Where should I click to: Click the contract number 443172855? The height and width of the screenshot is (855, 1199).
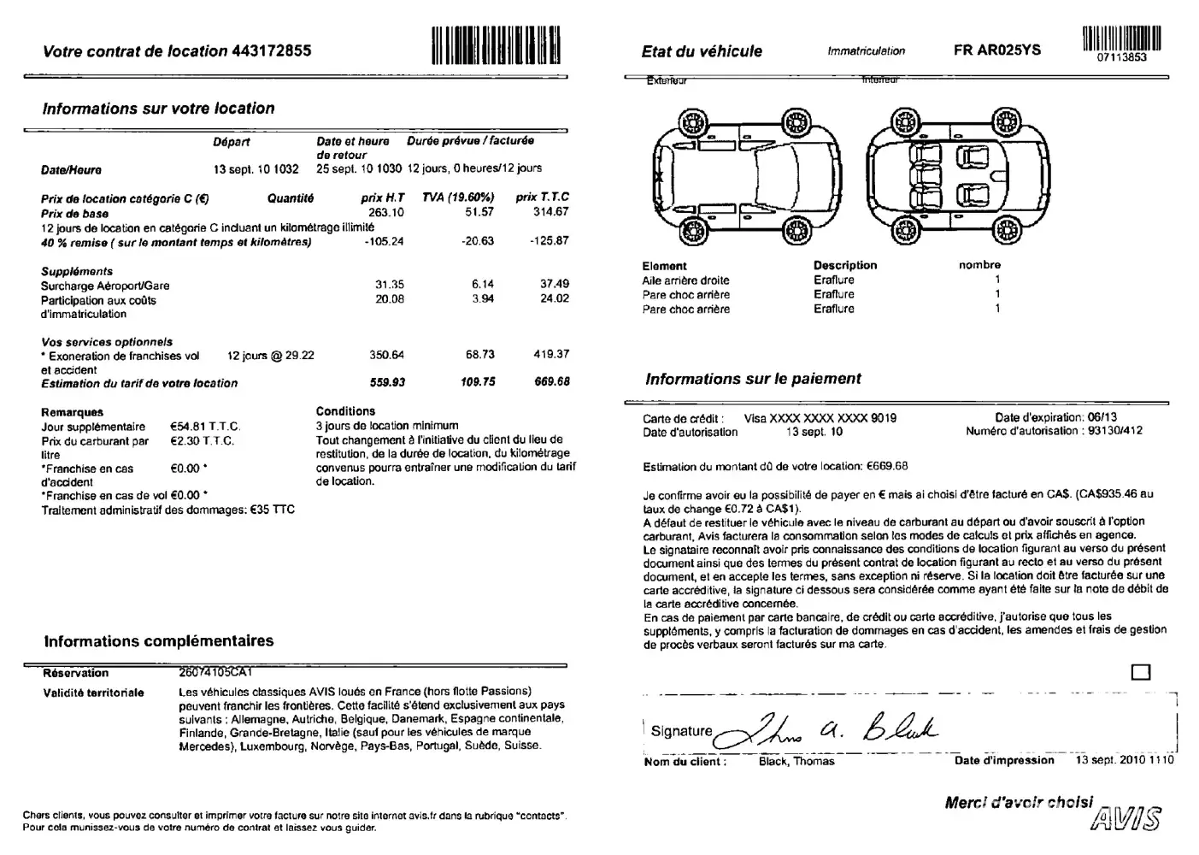pos(271,50)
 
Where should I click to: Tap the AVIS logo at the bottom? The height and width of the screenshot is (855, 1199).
pos(1127,818)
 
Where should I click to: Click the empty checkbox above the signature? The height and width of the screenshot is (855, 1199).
pos(1141,671)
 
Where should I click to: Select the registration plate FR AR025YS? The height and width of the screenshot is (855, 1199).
pos(997,50)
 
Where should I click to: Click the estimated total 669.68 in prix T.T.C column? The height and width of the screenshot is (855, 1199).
pos(552,382)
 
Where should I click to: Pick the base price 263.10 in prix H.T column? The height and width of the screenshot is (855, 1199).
pos(385,212)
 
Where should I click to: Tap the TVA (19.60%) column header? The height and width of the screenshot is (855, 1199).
pos(458,197)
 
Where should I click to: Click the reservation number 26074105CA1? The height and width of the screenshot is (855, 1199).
pos(215,672)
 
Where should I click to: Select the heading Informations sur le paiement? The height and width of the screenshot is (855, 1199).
pos(753,379)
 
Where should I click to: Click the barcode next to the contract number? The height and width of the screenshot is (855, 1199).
pos(496,45)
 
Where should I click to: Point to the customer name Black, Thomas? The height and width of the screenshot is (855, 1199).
pos(796,761)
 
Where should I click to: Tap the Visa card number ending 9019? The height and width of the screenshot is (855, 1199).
pos(820,418)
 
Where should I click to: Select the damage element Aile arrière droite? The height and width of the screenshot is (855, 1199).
pos(685,280)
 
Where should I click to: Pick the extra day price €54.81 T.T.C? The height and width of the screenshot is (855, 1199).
pos(205,427)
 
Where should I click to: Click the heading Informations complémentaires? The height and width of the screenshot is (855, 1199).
pos(159,641)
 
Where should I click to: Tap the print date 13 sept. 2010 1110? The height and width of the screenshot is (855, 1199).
pos(1125,760)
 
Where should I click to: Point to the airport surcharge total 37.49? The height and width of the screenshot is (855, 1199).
pos(554,284)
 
